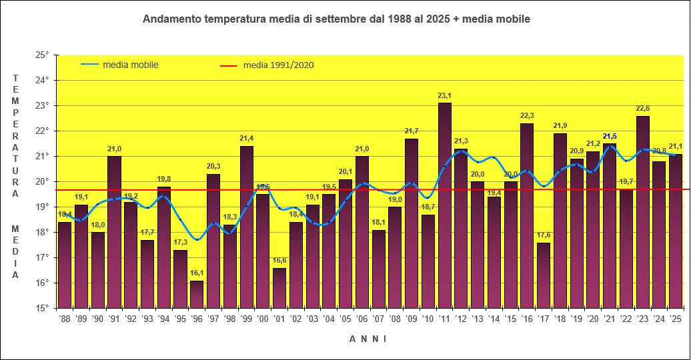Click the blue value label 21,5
pyautogui.click(x=610, y=137)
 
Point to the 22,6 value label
pyautogui.click(x=643, y=109)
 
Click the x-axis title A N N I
pyautogui.click(x=368, y=339)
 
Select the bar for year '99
pyautogui.click(x=246, y=227)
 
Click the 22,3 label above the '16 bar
pyautogui.click(x=527, y=116)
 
